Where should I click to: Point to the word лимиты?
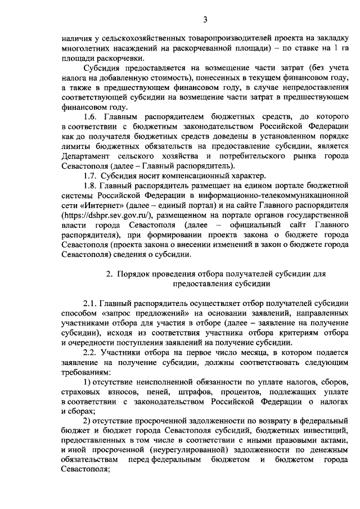pos(74,147)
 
